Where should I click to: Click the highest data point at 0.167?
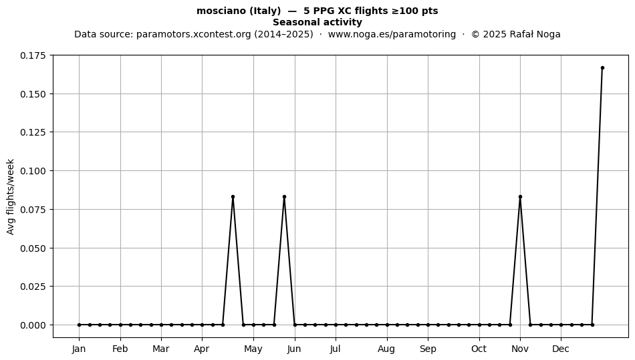pyautogui.click(x=602, y=68)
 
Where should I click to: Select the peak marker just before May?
pyautogui.click(x=233, y=197)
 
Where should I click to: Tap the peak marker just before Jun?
pyautogui.click(x=284, y=197)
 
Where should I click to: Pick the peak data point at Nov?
pyautogui.click(x=520, y=197)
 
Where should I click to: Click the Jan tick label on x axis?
pyautogui.click(x=79, y=349)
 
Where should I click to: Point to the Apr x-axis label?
pyautogui.click(x=202, y=349)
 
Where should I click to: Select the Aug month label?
pyautogui.click(x=386, y=349)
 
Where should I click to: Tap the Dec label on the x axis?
pyautogui.click(x=561, y=349)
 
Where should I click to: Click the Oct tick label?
pyautogui.click(x=479, y=349)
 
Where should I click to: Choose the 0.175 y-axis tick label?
pyautogui.click(x=33, y=55)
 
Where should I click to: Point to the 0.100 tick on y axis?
pyautogui.click(x=33, y=171)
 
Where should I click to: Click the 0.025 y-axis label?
pyautogui.click(x=33, y=287)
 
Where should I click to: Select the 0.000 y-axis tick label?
pyautogui.click(x=33, y=325)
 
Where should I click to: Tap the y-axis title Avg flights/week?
pyautogui.click(x=11, y=196)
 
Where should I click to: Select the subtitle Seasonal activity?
pyautogui.click(x=317, y=22)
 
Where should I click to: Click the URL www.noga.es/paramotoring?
pyautogui.click(x=392, y=34)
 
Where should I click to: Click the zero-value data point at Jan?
pyautogui.click(x=79, y=325)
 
